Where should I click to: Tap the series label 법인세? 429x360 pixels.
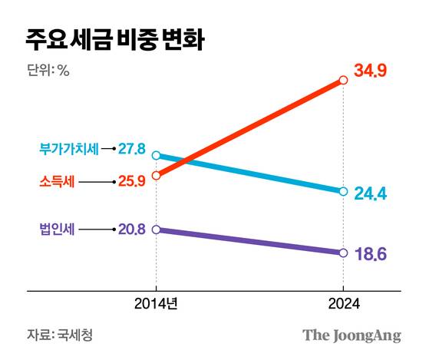click(x=57, y=229)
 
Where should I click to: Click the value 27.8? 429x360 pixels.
click(x=132, y=148)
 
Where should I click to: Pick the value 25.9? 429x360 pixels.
click(x=132, y=182)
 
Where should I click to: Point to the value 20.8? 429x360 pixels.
click(x=132, y=229)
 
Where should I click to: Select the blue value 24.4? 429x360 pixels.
click(x=370, y=193)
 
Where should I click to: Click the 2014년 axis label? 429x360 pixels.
click(x=157, y=304)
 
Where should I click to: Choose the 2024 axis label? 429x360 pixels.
click(x=343, y=304)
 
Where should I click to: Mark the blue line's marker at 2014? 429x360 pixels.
click(x=157, y=156)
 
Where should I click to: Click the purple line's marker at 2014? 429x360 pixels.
click(x=157, y=229)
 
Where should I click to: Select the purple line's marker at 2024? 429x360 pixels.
click(x=343, y=253)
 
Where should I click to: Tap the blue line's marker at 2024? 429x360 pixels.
click(x=343, y=191)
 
